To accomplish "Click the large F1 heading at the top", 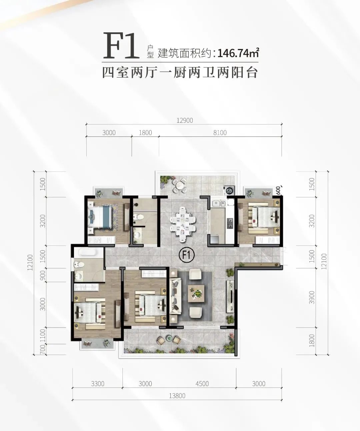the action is [121, 45].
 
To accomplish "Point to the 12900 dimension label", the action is [185, 120].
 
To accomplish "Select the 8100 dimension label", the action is [220, 132].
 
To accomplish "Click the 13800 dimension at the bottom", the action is [177, 396].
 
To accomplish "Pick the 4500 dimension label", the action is [202, 384].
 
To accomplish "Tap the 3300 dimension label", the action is [98, 384].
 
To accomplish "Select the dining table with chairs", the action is [183, 224].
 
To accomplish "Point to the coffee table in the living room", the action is [196, 294].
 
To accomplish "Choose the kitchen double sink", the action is [219, 203].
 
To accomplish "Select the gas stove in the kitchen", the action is [230, 224].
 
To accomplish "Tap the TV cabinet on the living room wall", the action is [230, 296].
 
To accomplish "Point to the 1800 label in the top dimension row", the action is [145, 132].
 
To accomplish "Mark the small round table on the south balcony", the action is [169, 338].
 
